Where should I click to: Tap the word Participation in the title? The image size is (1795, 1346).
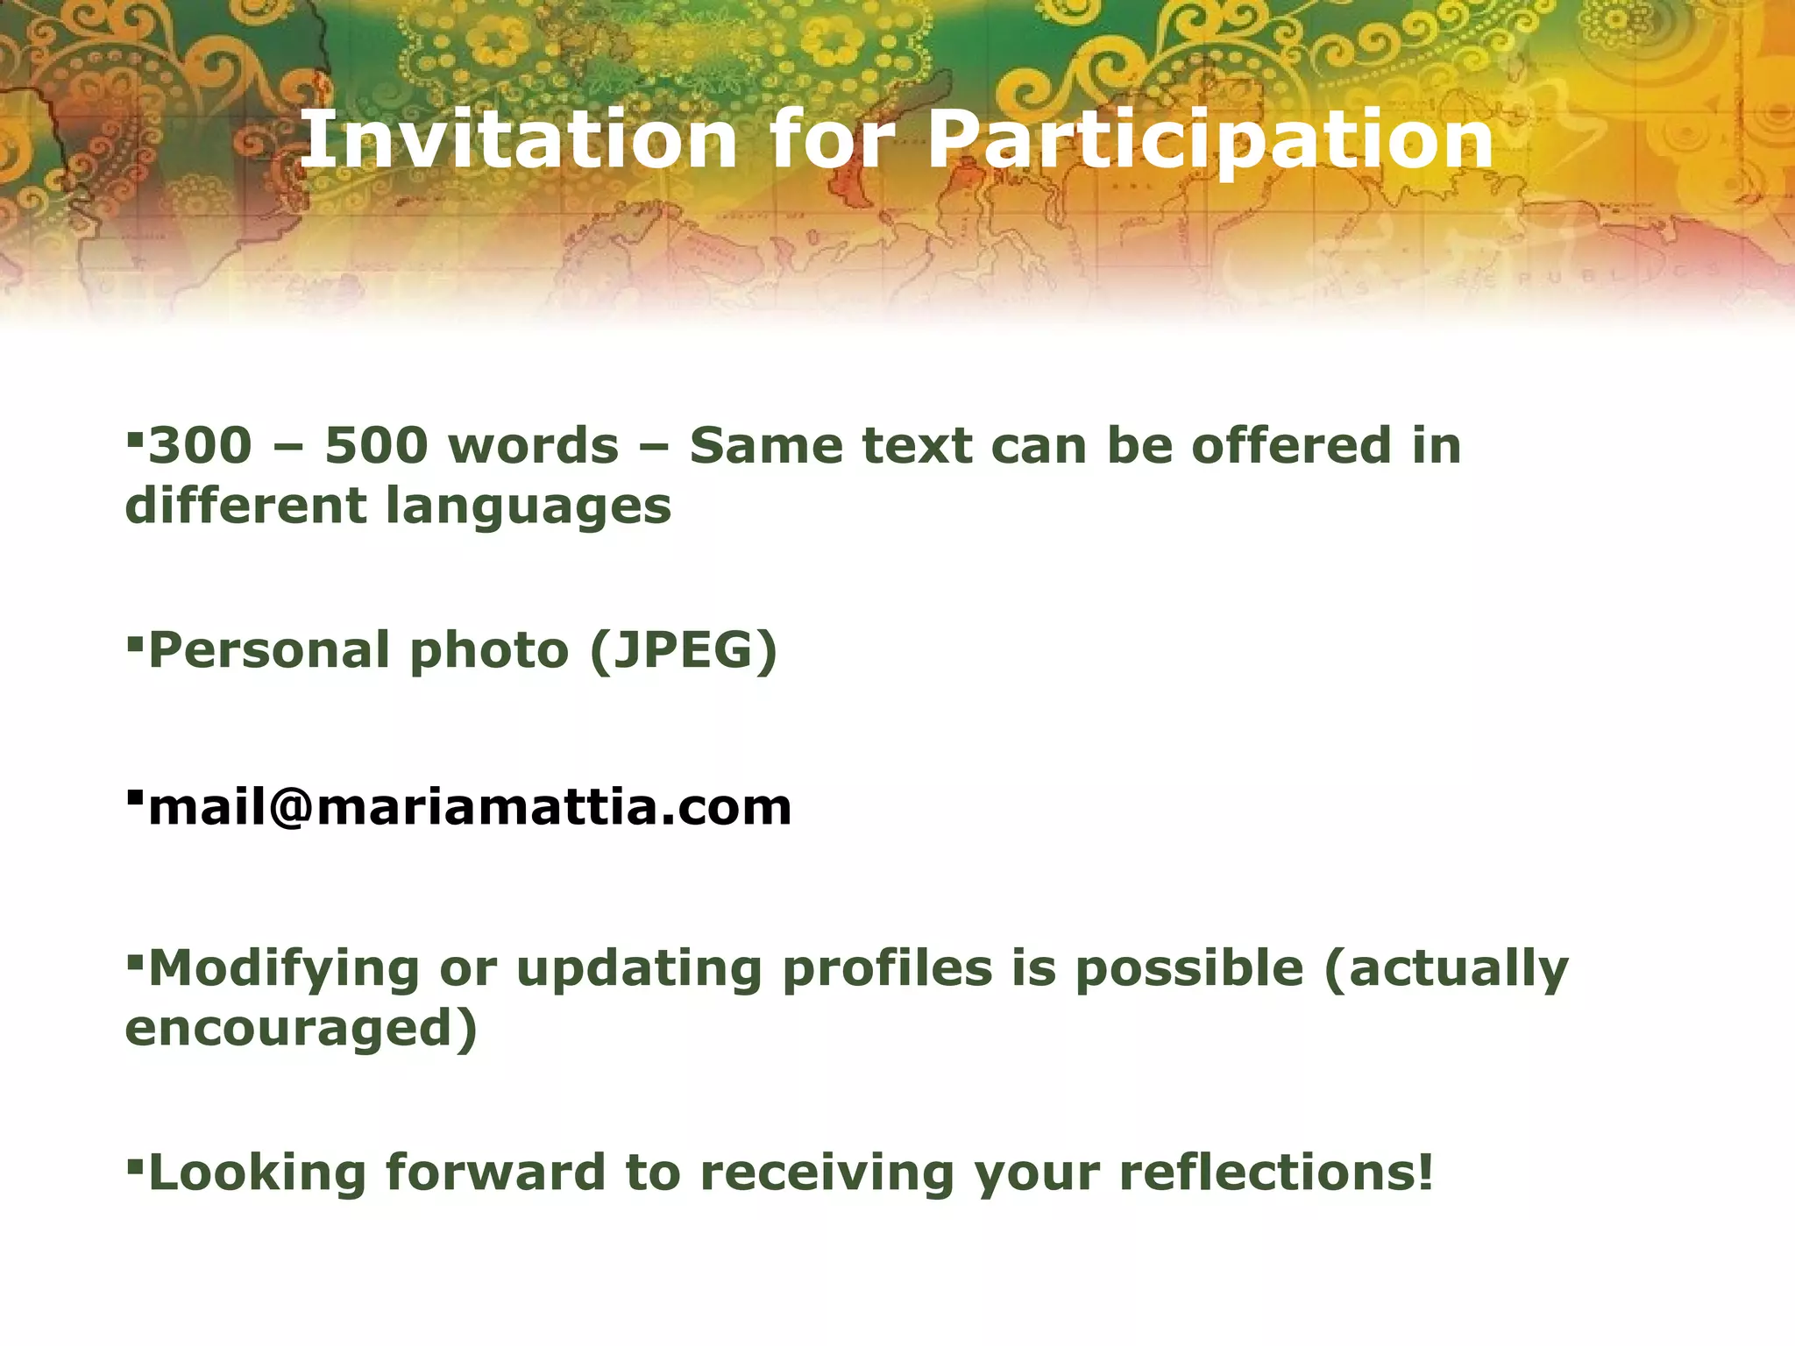1210,140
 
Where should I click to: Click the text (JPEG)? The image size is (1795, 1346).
684,651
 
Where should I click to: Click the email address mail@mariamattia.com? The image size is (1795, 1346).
470,807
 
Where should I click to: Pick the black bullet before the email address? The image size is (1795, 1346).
134,797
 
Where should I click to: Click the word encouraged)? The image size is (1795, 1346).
302,1029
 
